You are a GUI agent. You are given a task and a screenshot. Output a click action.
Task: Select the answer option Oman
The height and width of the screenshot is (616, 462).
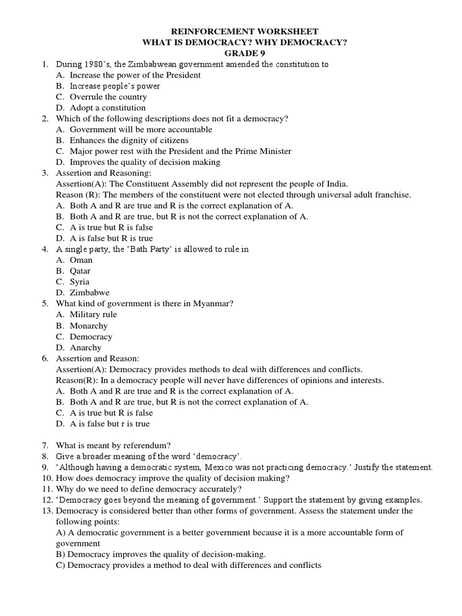click(x=81, y=260)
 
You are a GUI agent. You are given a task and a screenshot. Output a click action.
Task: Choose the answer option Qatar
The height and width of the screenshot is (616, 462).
click(x=81, y=271)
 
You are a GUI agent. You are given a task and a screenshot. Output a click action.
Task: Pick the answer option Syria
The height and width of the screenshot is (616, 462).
click(x=79, y=282)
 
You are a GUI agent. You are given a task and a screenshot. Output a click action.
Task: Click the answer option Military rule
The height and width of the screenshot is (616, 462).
click(x=93, y=315)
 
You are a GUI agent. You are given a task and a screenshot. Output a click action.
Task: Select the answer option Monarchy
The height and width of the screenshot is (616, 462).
click(x=88, y=325)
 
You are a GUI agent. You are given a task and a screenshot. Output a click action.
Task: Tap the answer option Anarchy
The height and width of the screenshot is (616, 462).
click(x=86, y=348)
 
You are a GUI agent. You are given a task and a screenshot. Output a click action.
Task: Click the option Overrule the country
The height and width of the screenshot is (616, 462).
click(x=108, y=97)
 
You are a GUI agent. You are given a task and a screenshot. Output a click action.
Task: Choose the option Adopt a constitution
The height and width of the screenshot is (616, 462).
click(x=108, y=108)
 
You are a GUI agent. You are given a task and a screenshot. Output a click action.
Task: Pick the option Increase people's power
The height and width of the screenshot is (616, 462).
click(x=115, y=86)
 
